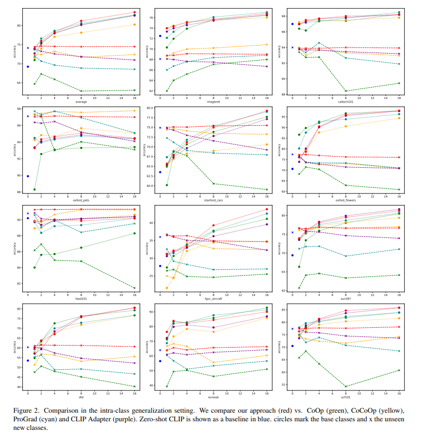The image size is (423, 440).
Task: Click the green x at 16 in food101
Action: point(135,288)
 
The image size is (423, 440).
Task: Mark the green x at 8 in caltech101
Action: point(346,91)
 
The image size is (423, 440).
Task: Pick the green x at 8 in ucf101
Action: point(346,386)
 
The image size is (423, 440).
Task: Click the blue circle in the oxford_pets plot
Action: point(28,176)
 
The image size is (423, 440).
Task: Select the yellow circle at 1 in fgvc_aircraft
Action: point(167,288)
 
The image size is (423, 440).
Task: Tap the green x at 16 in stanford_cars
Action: point(267,189)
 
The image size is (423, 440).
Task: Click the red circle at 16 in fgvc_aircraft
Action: point(267,209)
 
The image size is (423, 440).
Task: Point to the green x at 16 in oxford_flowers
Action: point(399,189)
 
